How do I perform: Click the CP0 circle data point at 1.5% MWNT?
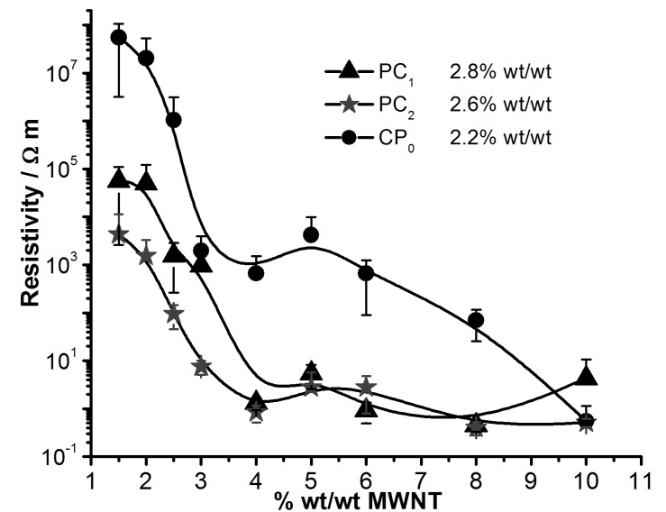[x=118, y=37]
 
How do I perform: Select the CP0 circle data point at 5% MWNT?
[x=311, y=234]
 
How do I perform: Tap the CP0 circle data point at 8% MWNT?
[x=476, y=320]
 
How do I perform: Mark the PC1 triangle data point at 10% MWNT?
[x=586, y=376]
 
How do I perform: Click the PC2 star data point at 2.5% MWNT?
[x=174, y=313]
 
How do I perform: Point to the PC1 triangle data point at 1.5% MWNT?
[x=118, y=178]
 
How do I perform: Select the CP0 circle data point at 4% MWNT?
[x=256, y=272]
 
